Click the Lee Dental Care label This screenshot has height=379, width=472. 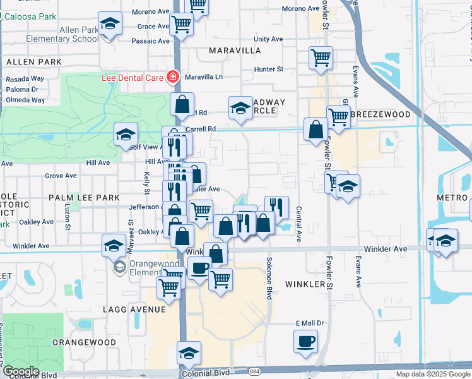pyautogui.click(x=133, y=78)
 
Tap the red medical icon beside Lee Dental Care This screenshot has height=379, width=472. pyautogui.click(x=172, y=78)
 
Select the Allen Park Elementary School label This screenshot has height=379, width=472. pyautogui.click(x=62, y=34)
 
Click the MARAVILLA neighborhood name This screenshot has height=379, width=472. pyautogui.click(x=235, y=50)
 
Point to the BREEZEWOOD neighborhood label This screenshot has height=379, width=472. pyautogui.click(x=381, y=114)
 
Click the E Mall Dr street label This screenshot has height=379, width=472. pyautogui.click(x=310, y=323)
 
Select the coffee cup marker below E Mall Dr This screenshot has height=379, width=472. pyautogui.click(x=306, y=342)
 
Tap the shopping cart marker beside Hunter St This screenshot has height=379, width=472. pyautogui.click(x=321, y=58)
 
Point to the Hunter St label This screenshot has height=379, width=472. pyautogui.click(x=269, y=69)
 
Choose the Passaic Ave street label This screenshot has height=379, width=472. pyautogui.click(x=151, y=41)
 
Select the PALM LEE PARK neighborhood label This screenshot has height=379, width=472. pyautogui.click(x=84, y=198)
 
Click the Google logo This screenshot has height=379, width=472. pyautogui.click(x=20, y=371)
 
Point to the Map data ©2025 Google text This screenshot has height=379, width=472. pyautogui.click(x=433, y=374)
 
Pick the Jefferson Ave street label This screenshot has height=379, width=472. pyautogui.click(x=145, y=207)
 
